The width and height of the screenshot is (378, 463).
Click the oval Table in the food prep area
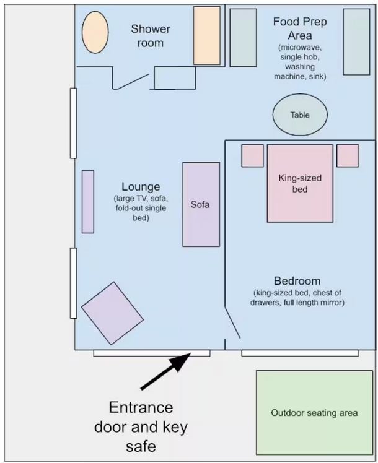coord(300,115)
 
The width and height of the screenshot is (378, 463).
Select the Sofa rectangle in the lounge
coord(201,204)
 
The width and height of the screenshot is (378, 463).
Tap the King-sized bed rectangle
coord(300,183)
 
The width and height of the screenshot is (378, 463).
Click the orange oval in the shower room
coord(95,32)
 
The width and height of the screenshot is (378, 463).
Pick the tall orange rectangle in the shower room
coord(207,35)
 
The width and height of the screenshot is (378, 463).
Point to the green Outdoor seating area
coord(314,412)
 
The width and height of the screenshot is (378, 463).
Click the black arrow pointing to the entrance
coord(165,371)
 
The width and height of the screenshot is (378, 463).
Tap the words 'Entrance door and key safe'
coord(141,426)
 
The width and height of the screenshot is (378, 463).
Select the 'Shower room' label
coord(151,36)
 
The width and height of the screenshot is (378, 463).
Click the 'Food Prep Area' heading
coord(300,28)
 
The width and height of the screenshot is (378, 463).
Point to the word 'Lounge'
coord(141,186)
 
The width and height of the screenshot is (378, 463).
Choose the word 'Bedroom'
coord(297,281)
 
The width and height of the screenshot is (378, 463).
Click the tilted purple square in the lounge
coord(112,313)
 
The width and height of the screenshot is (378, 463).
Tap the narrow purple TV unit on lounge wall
coord(88,202)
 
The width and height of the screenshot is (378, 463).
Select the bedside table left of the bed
coord(252,155)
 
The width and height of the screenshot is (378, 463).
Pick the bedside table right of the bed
coord(348,155)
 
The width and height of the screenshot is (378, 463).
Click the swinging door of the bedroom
coord(232,322)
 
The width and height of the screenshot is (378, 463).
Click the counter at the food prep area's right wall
coord(356,41)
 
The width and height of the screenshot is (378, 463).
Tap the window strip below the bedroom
coord(300,353)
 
